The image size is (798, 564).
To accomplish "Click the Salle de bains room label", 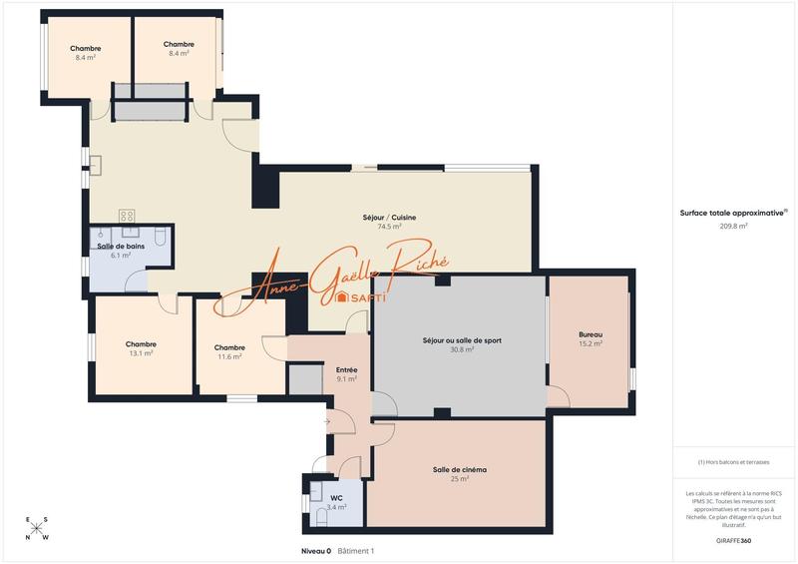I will (x=120, y=246).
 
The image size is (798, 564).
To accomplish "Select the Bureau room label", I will (x=591, y=334).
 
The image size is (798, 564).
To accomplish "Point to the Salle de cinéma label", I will (x=459, y=469).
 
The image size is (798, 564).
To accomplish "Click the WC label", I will (x=336, y=497).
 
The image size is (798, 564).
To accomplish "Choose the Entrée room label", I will (x=347, y=370).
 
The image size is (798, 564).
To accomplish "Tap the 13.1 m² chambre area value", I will (x=141, y=353).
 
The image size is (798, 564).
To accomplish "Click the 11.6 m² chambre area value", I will (x=229, y=356).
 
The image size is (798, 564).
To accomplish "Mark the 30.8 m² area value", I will (x=461, y=349).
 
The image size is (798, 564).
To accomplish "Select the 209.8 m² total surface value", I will (x=733, y=227).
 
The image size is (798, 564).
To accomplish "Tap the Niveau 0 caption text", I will (x=316, y=550).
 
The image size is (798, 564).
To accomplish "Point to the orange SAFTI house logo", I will (x=341, y=297).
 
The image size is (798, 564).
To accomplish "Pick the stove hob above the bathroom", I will (x=128, y=216).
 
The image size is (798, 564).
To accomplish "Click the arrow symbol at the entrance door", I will (x=326, y=421).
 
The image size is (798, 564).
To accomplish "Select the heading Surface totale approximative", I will (x=731, y=213).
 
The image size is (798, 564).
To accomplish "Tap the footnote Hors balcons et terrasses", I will (x=733, y=462).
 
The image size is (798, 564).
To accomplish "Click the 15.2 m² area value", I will (x=591, y=343).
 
